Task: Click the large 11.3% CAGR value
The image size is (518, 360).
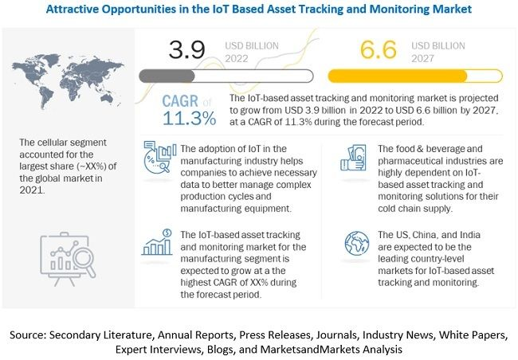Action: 189,119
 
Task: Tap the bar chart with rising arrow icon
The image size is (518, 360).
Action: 158,242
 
